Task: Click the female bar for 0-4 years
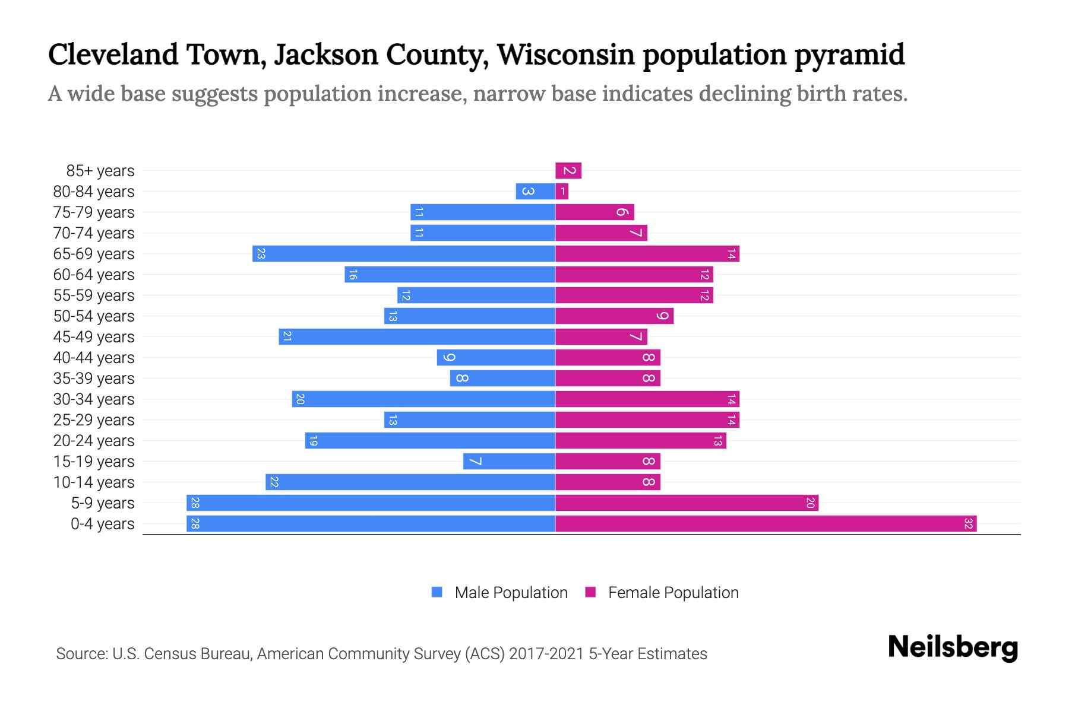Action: pyautogui.click(x=766, y=524)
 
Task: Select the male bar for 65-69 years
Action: pyautogui.click(x=404, y=254)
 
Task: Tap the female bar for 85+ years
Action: pyautogui.click(x=568, y=171)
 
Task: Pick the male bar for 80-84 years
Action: pyautogui.click(x=536, y=192)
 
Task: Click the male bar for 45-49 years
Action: pyautogui.click(x=417, y=337)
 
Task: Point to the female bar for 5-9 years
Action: pyautogui.click(x=687, y=503)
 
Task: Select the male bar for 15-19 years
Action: pyautogui.click(x=510, y=462)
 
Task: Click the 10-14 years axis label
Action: pyautogui.click(x=94, y=482)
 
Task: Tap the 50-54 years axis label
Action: pyautogui.click(x=94, y=316)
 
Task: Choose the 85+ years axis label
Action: pyautogui.click(x=100, y=171)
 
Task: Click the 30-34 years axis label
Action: pyautogui.click(x=94, y=399)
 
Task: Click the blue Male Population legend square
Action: pyautogui.click(x=437, y=592)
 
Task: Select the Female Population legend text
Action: pyautogui.click(x=673, y=592)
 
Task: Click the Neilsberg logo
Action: pyautogui.click(x=953, y=647)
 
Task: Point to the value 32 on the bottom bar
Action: pyautogui.click(x=968, y=524)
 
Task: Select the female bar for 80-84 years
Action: pyautogui.click(x=562, y=192)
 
